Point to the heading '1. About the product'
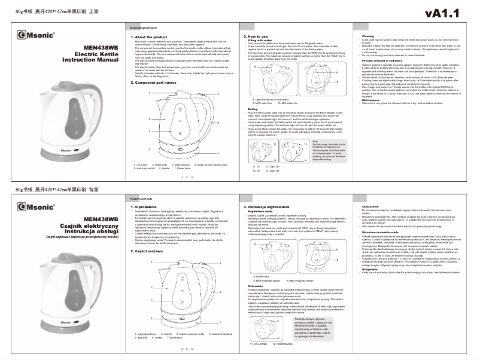point(150,36)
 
